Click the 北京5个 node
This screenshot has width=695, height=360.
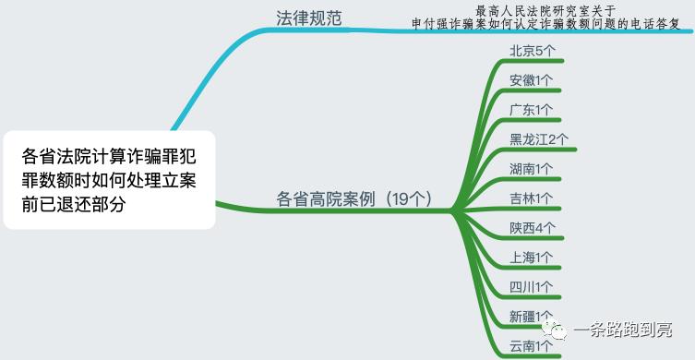pyautogui.click(x=532, y=51)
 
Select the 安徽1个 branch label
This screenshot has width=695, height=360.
pyautogui.click(x=532, y=80)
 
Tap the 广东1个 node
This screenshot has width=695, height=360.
pyautogui.click(x=532, y=110)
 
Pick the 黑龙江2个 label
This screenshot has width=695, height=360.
pyautogui.click(x=539, y=139)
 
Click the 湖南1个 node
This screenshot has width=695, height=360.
pyautogui.click(x=532, y=169)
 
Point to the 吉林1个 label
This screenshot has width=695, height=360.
pyautogui.click(x=532, y=198)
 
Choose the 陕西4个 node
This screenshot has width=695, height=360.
pyautogui.click(x=532, y=228)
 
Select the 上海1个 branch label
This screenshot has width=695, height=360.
pyautogui.click(x=532, y=258)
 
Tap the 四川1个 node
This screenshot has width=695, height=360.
pyautogui.click(x=532, y=287)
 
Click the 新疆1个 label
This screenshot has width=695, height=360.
pyautogui.click(x=532, y=317)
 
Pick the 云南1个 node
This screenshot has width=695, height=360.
pyautogui.click(x=532, y=346)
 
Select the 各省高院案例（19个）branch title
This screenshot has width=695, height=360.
pyautogui.click(x=354, y=198)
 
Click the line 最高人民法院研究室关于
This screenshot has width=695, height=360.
pyautogui.click(x=545, y=9)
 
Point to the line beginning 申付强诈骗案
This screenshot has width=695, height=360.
pyautogui.click(x=545, y=23)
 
